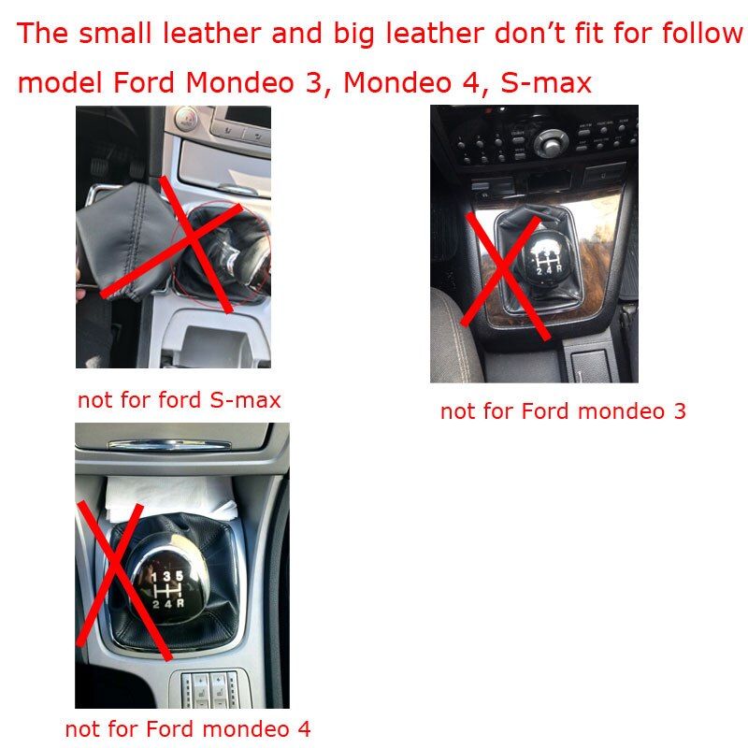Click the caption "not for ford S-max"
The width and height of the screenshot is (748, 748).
[x=179, y=400]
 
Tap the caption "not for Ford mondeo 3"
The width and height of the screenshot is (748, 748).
[x=563, y=411]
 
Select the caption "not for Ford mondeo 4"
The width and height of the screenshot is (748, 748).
[x=188, y=729]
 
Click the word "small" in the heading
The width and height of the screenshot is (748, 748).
[x=115, y=34]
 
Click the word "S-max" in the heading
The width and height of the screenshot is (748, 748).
[x=546, y=82]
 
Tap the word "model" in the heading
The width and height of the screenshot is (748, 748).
[x=60, y=82]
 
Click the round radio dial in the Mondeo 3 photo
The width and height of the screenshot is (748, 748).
[x=551, y=143]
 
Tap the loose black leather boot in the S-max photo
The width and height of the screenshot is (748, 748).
[x=126, y=241]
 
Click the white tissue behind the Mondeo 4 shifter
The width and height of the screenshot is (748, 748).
[x=169, y=498]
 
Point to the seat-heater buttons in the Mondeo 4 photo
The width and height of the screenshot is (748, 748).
[x=209, y=689]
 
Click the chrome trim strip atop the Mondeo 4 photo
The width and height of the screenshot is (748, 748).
[x=169, y=446]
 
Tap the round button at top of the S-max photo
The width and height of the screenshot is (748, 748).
[x=186, y=119]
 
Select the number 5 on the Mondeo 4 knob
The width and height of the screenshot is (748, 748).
[x=179, y=576]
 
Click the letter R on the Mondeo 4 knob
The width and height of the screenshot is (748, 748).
[x=180, y=603]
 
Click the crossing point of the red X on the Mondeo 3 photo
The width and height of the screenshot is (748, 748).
[x=503, y=270]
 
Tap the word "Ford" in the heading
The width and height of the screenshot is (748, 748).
[x=144, y=82]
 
